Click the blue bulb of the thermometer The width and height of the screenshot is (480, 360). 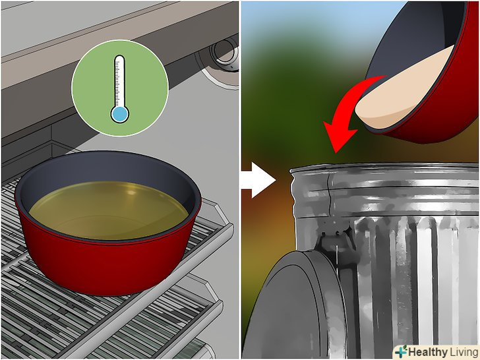click(120, 114)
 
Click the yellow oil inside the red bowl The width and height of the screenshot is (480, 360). click(108, 210)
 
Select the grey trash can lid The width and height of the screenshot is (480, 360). click(294, 306)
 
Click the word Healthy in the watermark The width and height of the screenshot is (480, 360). click(428, 351)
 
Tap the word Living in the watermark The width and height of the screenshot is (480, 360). click(463, 352)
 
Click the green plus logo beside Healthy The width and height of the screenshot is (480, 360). click(402, 351)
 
